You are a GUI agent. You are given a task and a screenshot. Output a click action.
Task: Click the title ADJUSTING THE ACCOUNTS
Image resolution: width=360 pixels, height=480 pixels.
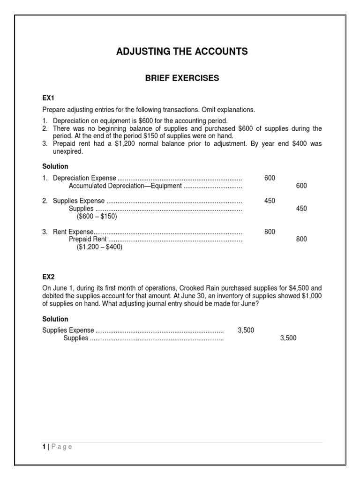tap(182, 52)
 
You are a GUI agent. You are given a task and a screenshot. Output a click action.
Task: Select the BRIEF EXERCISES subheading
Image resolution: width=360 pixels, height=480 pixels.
tap(182, 78)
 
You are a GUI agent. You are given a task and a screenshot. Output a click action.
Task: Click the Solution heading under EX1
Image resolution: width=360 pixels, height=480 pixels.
tap(55, 166)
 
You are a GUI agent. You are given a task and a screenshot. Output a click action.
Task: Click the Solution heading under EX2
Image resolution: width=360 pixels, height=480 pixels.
tap(55, 319)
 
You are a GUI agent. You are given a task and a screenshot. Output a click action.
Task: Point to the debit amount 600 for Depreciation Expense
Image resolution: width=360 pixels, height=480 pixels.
tap(270, 178)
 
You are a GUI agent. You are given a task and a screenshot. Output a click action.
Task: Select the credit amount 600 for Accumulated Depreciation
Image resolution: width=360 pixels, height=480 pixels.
tap(301, 186)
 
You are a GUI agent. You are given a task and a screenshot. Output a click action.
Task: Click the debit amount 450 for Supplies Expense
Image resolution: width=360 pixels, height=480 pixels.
tap(270, 201)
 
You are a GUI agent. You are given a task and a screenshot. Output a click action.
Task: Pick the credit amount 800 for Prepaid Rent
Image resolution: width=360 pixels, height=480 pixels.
tap(301, 240)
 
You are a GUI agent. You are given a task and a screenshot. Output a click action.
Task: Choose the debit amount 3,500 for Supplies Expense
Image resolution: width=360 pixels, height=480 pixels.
tap(246, 330)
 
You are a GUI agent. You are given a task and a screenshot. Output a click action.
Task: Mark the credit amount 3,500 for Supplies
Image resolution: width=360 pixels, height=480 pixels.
tap(288, 338)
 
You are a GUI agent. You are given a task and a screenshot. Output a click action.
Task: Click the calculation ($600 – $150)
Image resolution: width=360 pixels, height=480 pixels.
tap(97, 217)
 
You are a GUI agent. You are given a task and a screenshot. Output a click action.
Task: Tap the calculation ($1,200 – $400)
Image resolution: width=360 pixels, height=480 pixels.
tap(99, 247)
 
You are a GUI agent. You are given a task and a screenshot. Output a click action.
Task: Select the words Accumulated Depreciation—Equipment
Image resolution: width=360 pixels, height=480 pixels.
tap(125, 186)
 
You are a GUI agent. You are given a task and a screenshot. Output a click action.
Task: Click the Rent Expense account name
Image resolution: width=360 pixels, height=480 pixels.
tap(73, 232)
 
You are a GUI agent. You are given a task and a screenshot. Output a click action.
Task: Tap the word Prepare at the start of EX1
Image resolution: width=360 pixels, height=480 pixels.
tap(54, 110)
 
